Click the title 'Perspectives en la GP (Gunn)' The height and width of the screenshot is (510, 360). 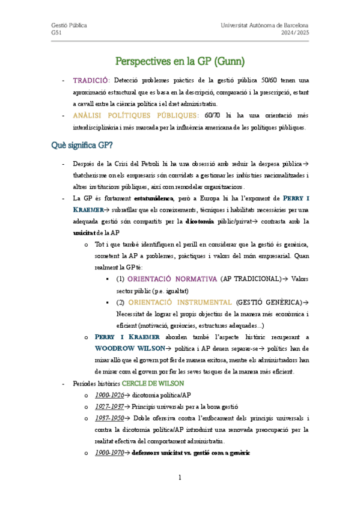point(180,61)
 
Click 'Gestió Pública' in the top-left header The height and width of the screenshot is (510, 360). point(69,26)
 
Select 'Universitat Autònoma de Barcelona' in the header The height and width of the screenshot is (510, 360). point(265,26)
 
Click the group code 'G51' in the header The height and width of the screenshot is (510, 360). point(56,34)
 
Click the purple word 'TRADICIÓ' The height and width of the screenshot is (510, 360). point(90,80)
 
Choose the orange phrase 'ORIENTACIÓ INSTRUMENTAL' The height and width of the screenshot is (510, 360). point(180,302)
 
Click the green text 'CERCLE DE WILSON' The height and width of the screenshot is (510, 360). point(153,383)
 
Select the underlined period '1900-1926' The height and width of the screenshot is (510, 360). point(109,395)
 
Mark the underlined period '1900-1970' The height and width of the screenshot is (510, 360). point(109,452)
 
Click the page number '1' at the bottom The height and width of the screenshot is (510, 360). point(179,478)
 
